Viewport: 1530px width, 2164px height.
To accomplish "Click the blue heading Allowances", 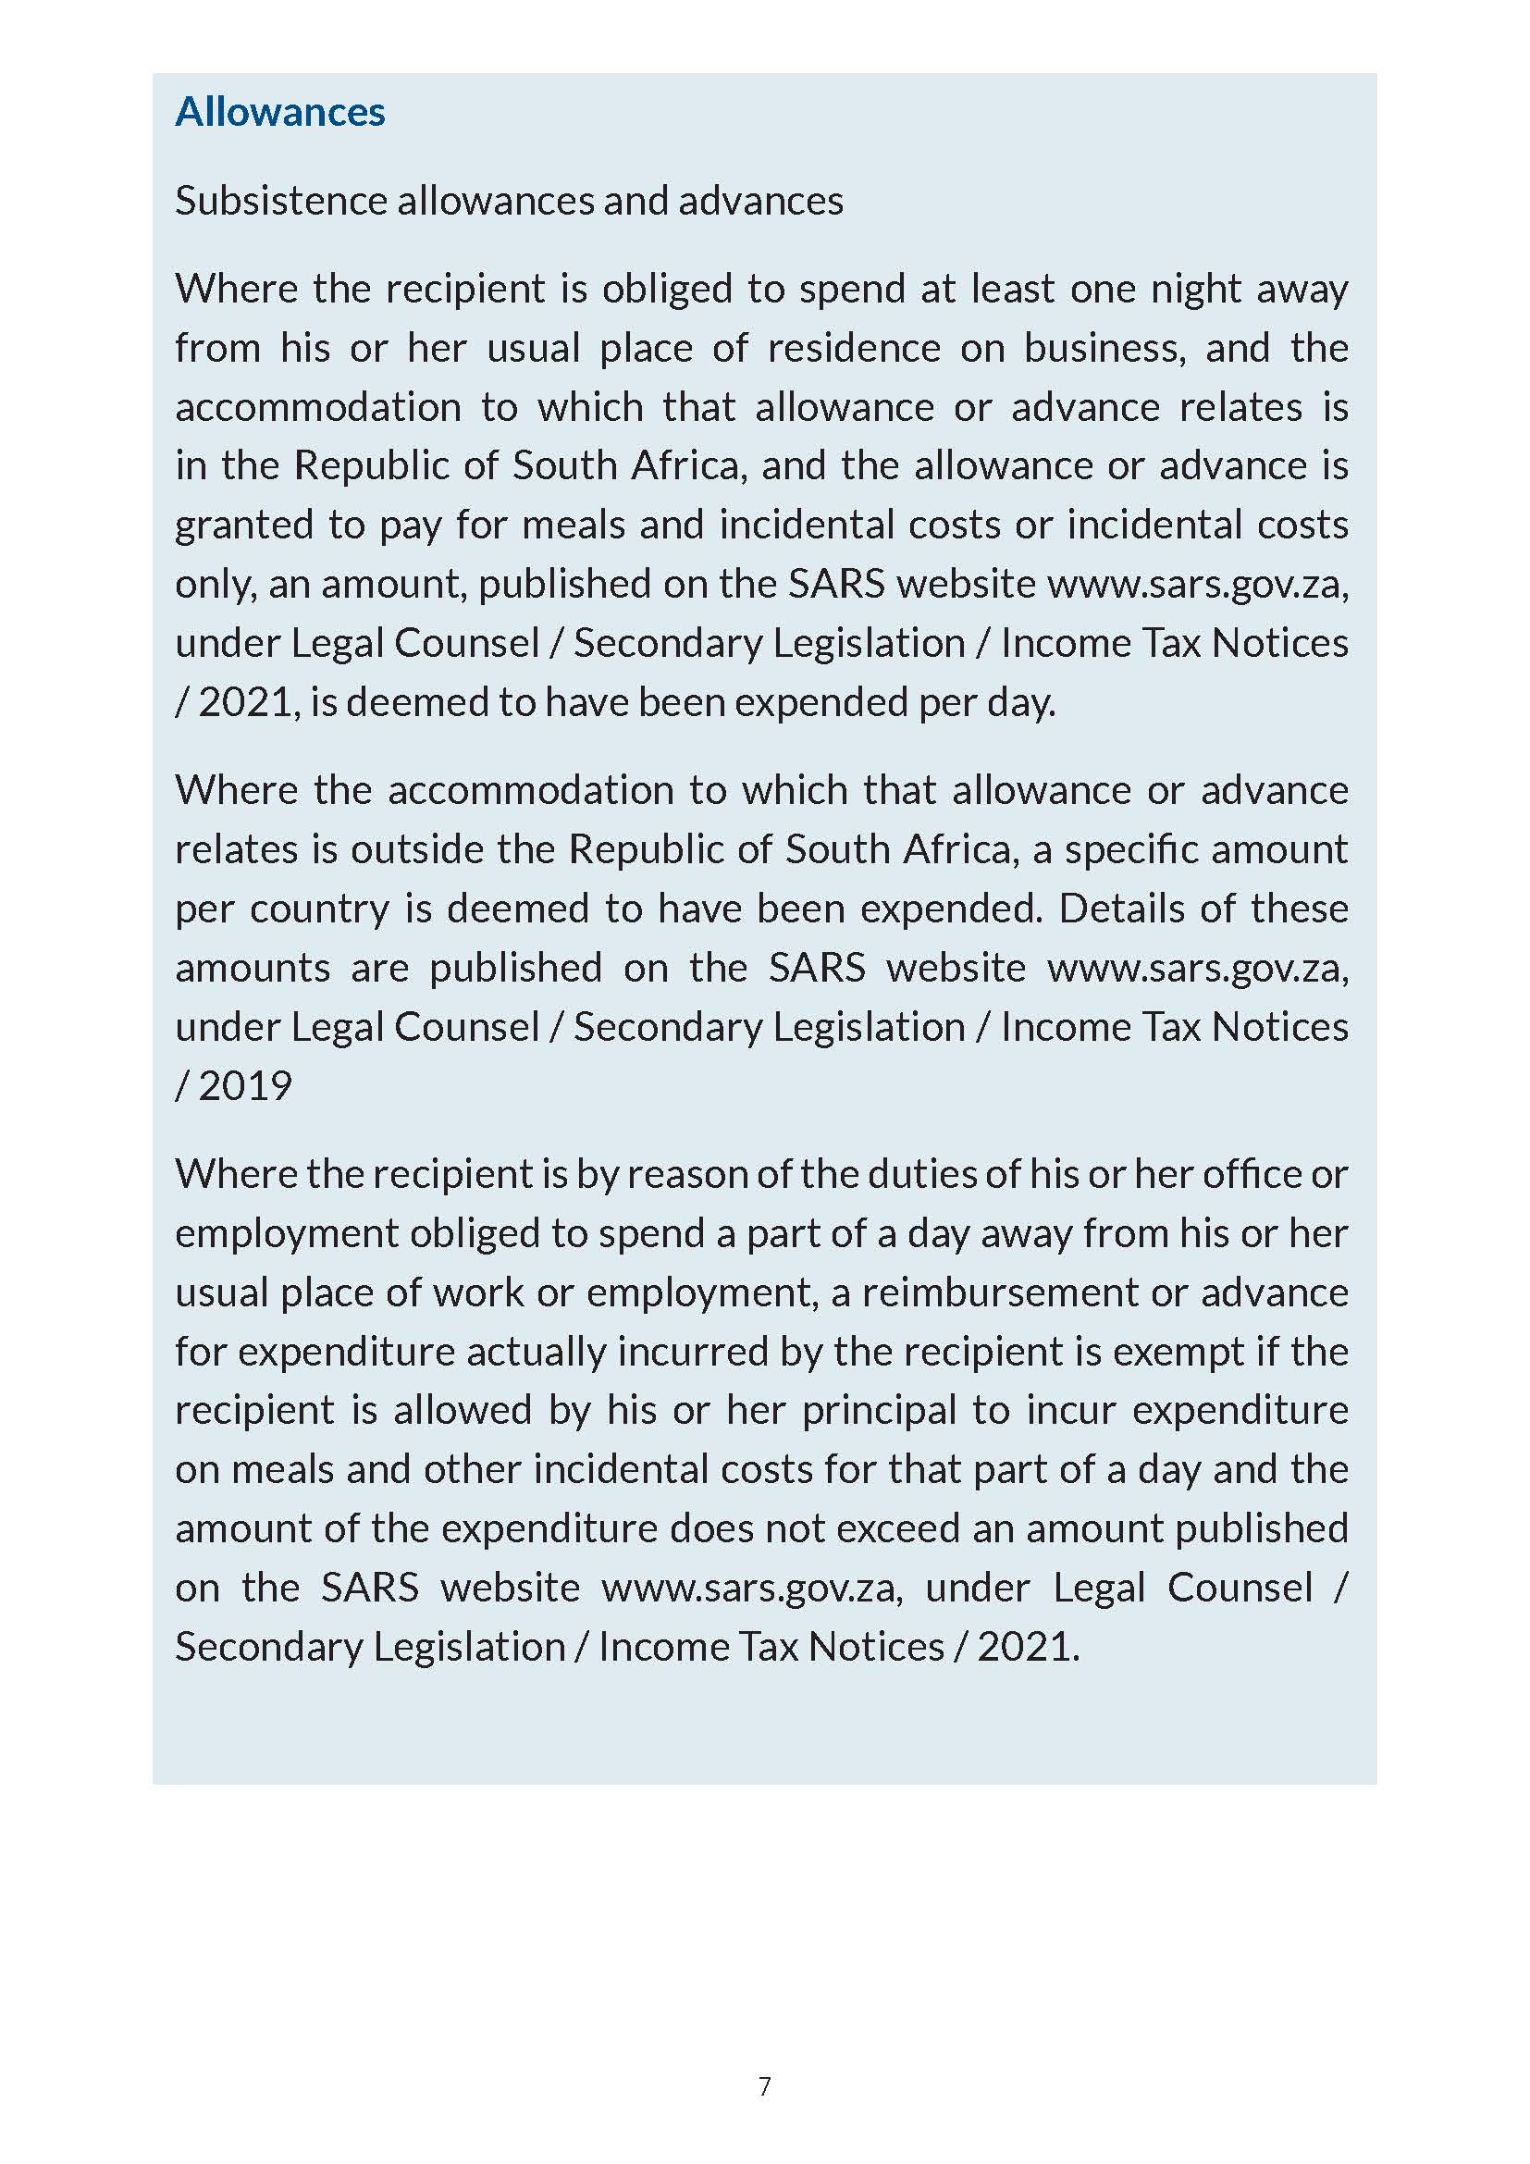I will pos(279,112).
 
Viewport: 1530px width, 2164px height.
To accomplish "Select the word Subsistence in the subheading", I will pos(279,201).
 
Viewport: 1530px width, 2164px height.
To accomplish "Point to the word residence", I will pos(854,348).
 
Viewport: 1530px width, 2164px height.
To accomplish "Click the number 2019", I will pos(245,1086).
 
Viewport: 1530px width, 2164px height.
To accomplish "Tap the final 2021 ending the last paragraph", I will pos(1026,1647).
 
